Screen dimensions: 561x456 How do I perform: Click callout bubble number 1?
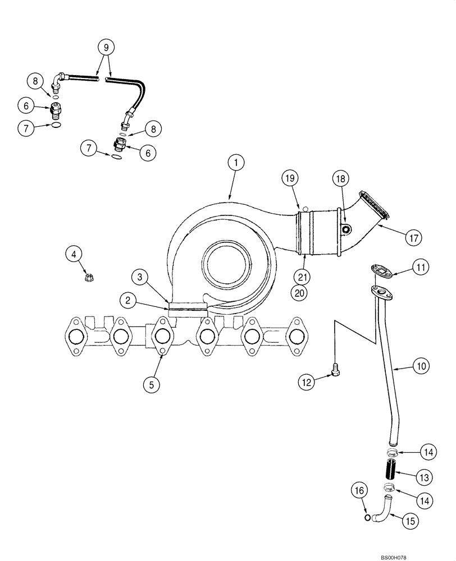click(x=236, y=163)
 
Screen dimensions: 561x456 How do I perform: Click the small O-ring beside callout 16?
click(x=367, y=517)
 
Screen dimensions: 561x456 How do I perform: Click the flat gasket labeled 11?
click(x=382, y=272)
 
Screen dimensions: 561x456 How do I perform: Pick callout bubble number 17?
click(x=413, y=237)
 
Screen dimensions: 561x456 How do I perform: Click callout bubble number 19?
click(x=289, y=179)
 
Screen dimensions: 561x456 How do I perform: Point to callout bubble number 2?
click(x=129, y=300)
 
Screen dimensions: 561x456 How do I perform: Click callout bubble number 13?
click(x=424, y=477)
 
